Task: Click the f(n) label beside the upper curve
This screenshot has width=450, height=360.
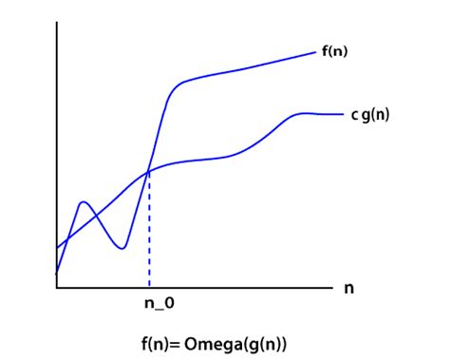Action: [335, 51]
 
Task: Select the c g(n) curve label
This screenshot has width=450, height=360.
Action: [370, 115]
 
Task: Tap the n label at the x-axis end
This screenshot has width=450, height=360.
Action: [348, 289]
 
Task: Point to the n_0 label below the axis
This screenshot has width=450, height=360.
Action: [159, 304]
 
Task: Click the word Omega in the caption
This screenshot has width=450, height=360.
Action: [213, 344]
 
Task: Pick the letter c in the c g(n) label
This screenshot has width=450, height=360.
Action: [355, 115]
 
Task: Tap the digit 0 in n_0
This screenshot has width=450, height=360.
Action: [169, 303]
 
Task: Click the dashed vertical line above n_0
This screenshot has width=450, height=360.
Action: [149, 230]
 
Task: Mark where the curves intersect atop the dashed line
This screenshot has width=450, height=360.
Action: [148, 172]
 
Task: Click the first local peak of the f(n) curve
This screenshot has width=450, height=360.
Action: [84, 201]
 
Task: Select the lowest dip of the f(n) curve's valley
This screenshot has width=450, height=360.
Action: [122, 249]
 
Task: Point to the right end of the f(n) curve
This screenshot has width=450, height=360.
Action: [316, 52]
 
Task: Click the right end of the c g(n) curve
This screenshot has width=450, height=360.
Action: [344, 114]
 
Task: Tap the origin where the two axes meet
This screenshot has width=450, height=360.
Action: [57, 288]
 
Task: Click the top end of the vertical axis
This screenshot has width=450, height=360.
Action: [57, 22]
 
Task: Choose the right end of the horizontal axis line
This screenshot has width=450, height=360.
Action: [333, 288]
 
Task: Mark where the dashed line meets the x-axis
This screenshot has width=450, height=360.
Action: [149, 288]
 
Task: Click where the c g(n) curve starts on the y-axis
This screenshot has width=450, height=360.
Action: [57, 248]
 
